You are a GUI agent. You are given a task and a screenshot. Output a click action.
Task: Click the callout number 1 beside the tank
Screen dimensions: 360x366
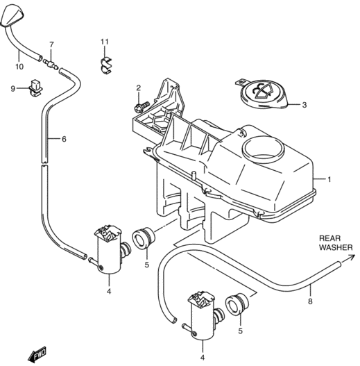coord(329,179)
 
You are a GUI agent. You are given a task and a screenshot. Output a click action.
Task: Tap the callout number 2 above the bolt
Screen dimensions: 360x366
coord(139,88)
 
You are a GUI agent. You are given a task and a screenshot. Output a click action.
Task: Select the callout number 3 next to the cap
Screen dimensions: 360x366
coord(305,105)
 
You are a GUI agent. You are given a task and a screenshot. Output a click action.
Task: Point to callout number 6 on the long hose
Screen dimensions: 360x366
coord(64,139)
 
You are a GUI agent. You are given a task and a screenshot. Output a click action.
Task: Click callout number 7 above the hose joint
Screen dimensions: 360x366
coord(51,44)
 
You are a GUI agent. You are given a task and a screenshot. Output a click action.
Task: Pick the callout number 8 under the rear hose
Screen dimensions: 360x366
coord(310,301)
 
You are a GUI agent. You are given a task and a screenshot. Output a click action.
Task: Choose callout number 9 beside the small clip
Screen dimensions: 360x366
coord(13,88)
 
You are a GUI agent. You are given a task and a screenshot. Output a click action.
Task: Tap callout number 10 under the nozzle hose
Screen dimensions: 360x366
coord(19,67)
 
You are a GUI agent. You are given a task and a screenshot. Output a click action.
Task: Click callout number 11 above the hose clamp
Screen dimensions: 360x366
coord(105,42)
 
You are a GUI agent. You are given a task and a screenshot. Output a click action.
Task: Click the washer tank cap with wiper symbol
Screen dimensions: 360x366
coord(264,94)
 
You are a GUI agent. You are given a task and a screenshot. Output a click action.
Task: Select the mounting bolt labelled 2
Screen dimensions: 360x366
coord(142,106)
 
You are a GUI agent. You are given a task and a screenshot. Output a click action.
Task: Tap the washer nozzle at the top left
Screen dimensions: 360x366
coord(12,17)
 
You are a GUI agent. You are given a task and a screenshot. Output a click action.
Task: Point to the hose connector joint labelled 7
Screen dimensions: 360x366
coord(51,64)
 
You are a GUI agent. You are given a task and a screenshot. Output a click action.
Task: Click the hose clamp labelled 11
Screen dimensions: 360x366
coord(106,65)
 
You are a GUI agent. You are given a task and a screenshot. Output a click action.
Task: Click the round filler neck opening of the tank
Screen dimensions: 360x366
coord(264,149)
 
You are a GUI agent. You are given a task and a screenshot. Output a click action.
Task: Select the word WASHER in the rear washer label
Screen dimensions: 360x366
coord(336,247)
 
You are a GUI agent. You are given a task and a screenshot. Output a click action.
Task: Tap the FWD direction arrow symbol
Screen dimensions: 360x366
coord(37,354)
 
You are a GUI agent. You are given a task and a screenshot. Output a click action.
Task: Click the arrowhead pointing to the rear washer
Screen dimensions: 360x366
coord(352,257)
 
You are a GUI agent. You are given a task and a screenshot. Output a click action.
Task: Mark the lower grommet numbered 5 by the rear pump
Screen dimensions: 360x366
coord(237,304)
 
